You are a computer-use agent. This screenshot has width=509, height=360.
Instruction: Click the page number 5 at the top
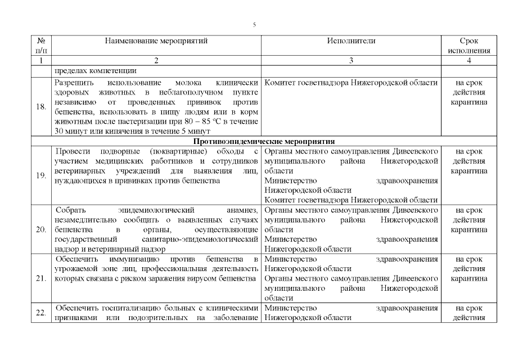[254, 25]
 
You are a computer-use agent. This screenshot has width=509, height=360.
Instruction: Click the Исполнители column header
[351, 41]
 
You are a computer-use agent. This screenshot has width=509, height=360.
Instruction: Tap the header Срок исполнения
[469, 46]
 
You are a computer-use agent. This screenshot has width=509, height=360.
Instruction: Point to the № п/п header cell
[40, 46]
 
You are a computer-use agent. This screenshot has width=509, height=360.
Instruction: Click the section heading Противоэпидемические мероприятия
[265, 141]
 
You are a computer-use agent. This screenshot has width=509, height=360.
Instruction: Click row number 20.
[40, 229]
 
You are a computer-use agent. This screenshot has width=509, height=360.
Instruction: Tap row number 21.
[40, 278]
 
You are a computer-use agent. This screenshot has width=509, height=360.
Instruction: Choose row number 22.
[40, 313]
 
